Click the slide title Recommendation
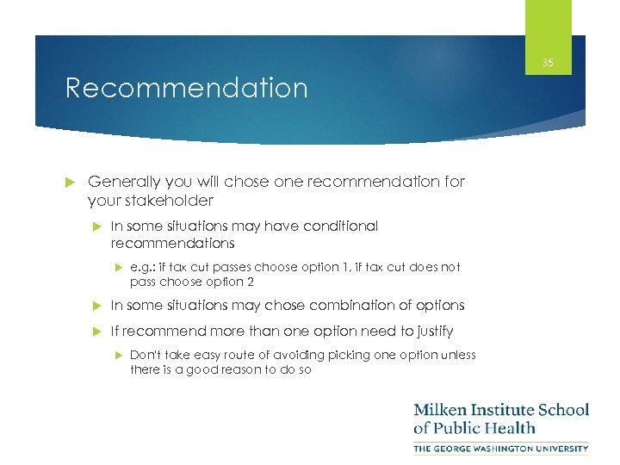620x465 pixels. point(186,89)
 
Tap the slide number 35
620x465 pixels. point(548,62)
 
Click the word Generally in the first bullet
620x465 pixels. point(124,182)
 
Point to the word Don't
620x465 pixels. point(145,355)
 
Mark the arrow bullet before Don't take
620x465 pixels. point(118,355)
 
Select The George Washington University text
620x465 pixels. point(500,448)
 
